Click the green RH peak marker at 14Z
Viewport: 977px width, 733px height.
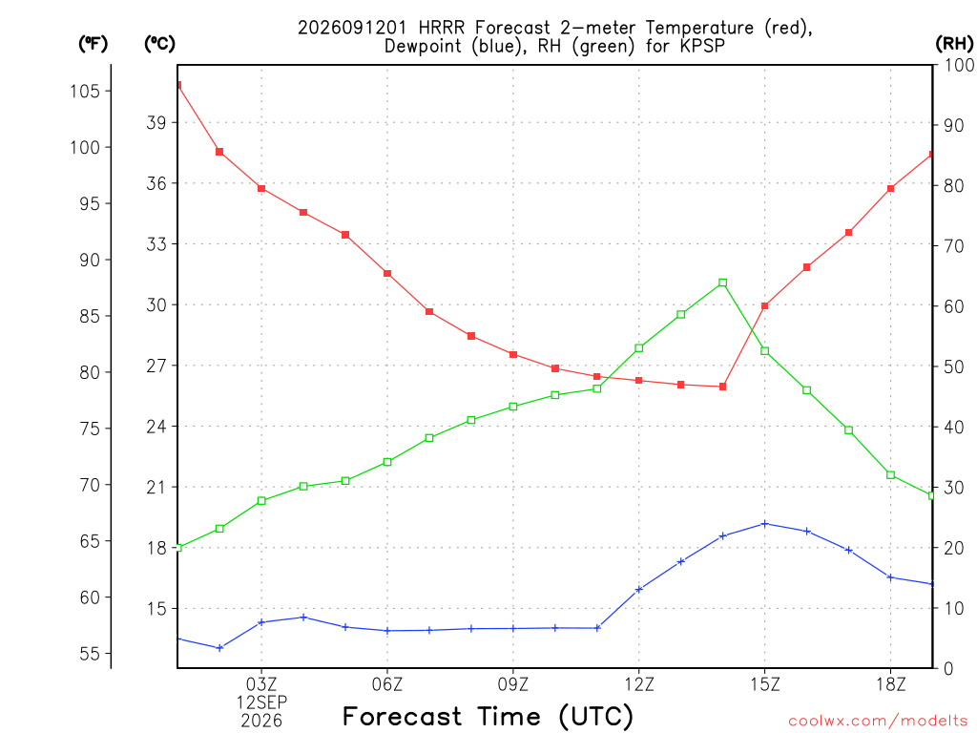click(x=723, y=283)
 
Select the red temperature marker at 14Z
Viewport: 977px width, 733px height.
click(x=723, y=387)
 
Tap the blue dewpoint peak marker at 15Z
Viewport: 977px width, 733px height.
click(x=765, y=524)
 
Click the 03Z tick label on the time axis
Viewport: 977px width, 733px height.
click(x=261, y=684)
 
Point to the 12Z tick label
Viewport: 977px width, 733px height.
click(x=639, y=684)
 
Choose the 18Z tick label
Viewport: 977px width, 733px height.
click(x=891, y=684)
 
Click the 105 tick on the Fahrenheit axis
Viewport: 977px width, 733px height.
click(x=85, y=91)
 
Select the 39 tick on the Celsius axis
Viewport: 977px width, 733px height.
click(x=157, y=122)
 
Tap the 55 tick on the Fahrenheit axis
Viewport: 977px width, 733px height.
click(x=90, y=654)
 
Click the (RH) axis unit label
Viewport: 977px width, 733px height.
click(x=954, y=43)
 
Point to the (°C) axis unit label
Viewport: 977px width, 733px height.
click(x=159, y=43)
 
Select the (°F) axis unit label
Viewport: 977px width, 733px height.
click(x=93, y=43)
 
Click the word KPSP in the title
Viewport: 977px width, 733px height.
click(x=704, y=46)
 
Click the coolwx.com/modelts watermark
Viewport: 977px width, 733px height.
click(x=878, y=721)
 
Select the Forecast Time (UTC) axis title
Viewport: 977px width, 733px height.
click(x=488, y=716)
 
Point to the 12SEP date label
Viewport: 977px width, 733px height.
click(x=261, y=702)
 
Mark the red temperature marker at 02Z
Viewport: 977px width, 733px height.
click(x=219, y=152)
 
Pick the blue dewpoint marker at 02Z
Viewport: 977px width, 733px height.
click(x=219, y=648)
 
